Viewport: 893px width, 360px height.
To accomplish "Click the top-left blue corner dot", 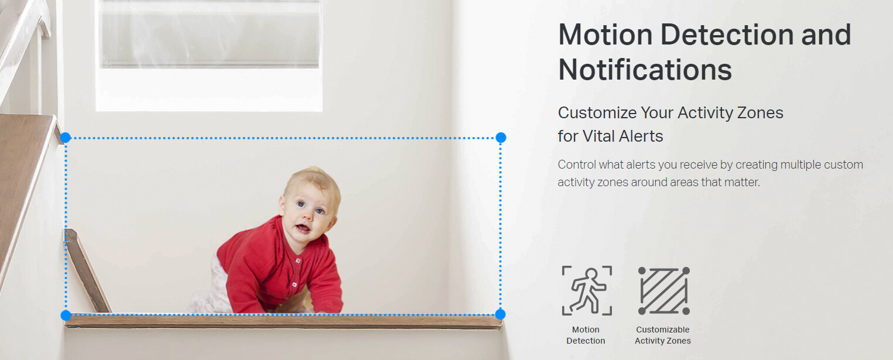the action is point(66,138).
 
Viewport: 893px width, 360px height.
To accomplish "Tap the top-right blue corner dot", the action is point(501,138).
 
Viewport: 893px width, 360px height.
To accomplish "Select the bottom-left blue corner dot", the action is point(66,316).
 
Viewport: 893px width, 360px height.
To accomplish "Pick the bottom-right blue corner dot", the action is point(500,314).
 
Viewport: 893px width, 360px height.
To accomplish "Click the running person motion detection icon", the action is point(587,290).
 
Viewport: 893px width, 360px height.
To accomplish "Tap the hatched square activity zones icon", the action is point(664,290).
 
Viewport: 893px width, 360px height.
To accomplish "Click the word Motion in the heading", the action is point(605,35).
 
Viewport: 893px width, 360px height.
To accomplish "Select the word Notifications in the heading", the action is point(645,70).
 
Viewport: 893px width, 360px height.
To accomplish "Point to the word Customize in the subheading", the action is point(597,113).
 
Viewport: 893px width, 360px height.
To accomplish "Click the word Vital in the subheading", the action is point(598,136).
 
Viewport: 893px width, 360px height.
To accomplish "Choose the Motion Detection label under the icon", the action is point(586,335).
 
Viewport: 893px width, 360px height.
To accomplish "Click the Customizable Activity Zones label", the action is point(662,335).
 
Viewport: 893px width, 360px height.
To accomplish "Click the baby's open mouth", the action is point(302,228).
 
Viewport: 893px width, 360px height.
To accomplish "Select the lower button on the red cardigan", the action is point(294,284).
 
